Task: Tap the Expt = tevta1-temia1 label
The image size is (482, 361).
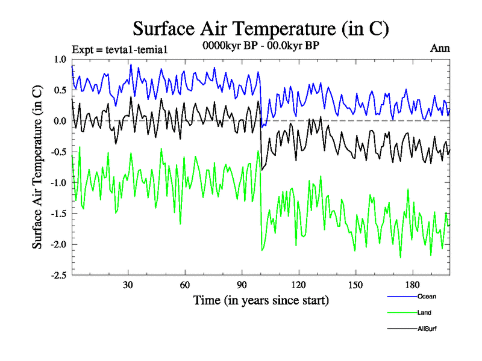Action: [119, 49]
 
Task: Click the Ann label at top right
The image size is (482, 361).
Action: [440, 48]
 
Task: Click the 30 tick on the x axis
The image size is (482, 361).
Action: [128, 285]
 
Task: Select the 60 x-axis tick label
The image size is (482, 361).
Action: [184, 285]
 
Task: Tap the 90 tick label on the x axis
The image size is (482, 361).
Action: [242, 285]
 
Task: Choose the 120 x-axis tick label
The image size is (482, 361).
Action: [298, 285]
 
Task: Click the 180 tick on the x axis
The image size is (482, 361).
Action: [412, 285]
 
